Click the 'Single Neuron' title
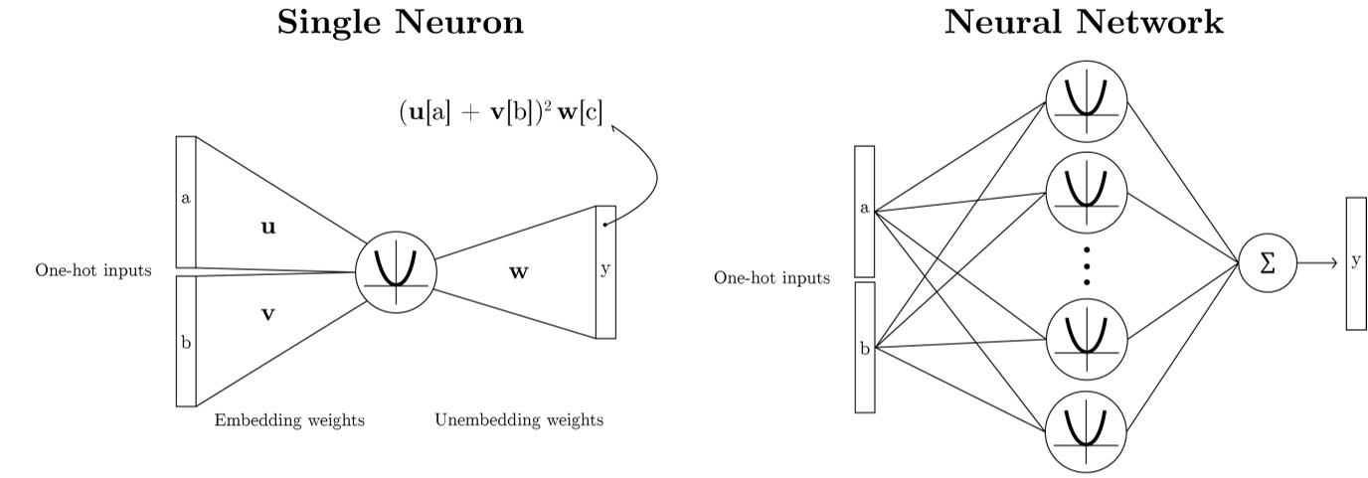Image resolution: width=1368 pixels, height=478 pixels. [x=400, y=23]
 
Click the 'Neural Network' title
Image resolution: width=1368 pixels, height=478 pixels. [x=1085, y=23]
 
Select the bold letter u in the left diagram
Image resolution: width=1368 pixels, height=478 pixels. [x=267, y=228]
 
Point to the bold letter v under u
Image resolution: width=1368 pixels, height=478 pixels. [x=267, y=315]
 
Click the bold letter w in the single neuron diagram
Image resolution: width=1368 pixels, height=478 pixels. [x=518, y=270]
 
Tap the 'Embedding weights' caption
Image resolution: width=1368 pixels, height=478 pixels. [x=289, y=420]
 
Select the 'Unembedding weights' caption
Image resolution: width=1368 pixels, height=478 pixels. [x=518, y=420]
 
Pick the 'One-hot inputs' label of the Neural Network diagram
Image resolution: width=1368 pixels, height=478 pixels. [x=771, y=277]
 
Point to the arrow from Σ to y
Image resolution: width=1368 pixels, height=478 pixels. [x=1316, y=263]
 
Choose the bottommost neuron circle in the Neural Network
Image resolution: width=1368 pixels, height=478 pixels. [x=1087, y=428]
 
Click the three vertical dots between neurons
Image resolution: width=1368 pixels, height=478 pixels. [x=1087, y=265]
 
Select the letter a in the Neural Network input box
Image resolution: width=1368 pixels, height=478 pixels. [x=864, y=209]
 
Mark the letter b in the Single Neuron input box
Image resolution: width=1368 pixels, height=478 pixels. [x=186, y=343]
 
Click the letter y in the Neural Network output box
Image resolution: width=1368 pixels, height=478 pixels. [x=1356, y=261]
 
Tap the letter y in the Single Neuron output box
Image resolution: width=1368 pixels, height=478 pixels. [x=604, y=270]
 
